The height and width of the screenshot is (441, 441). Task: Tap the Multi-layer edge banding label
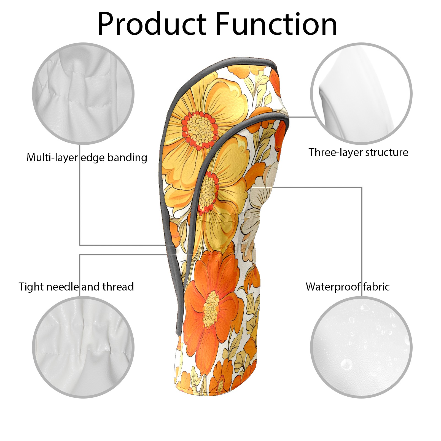[87, 158]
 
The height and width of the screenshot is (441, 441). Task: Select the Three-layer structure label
[358, 152]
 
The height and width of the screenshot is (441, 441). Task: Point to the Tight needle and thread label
[76, 287]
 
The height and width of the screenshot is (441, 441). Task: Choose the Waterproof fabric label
[348, 287]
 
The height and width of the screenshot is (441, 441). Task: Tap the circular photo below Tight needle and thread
[83, 347]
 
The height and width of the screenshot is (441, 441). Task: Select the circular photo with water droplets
[361, 347]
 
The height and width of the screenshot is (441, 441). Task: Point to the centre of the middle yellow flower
[208, 192]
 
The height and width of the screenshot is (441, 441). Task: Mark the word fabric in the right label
[376, 287]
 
